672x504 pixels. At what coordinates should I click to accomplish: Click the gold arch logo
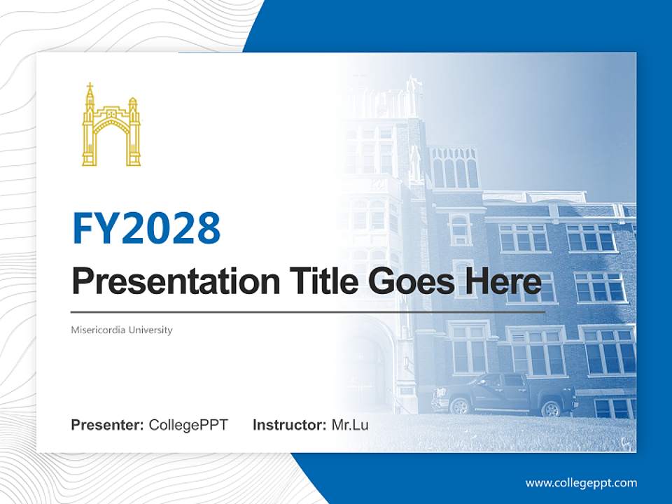pyautogui.click(x=111, y=125)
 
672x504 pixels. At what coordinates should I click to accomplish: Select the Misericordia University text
pyautogui.click(x=122, y=330)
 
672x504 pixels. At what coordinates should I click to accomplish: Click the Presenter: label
pyautogui.click(x=108, y=425)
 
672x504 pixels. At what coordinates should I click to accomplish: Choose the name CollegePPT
pyautogui.click(x=188, y=425)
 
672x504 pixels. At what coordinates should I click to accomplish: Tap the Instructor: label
pyautogui.click(x=289, y=425)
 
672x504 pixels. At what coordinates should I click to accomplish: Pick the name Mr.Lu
pyautogui.click(x=350, y=425)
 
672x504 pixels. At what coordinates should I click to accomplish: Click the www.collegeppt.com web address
pyautogui.click(x=581, y=483)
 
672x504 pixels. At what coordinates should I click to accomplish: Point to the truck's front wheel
pyautogui.click(x=460, y=405)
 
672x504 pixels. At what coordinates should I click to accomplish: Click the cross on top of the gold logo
pyautogui.click(x=90, y=87)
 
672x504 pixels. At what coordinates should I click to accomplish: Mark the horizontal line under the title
pyautogui.click(x=308, y=311)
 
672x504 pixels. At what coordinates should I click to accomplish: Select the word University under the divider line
pyautogui.click(x=149, y=330)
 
